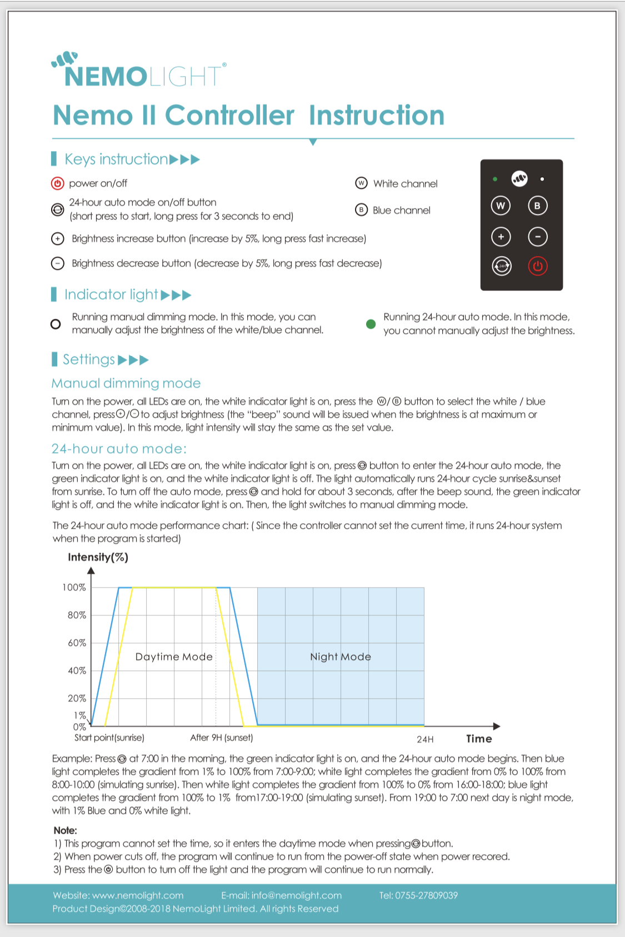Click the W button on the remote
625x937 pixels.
click(501, 206)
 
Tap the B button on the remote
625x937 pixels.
click(537, 206)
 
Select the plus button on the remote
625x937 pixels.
click(501, 237)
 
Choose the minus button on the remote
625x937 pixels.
click(537, 237)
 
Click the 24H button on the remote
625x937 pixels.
click(502, 266)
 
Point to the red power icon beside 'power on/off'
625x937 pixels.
click(58, 183)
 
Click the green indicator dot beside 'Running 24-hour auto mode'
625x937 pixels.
click(371, 324)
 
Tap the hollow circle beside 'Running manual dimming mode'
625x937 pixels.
click(56, 324)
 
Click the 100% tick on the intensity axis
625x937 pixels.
click(74, 588)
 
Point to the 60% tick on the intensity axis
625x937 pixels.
click(77, 643)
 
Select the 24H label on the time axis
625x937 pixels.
click(425, 739)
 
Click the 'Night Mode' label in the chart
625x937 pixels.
click(340, 657)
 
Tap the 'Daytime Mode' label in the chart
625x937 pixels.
click(174, 657)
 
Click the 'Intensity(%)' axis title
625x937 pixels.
click(98, 557)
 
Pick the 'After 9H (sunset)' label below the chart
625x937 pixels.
click(221, 738)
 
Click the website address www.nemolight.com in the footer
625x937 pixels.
click(138, 895)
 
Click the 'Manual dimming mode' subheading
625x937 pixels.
click(126, 383)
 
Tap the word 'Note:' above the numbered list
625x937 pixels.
click(65, 830)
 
